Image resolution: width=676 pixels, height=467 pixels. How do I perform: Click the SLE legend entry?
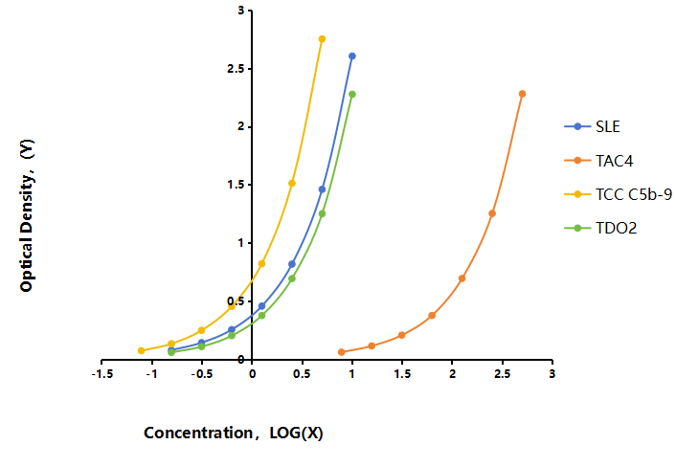point(593,126)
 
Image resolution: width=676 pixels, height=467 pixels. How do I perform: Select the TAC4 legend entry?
point(598,161)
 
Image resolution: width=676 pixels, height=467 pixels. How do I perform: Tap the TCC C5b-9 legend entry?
point(619,194)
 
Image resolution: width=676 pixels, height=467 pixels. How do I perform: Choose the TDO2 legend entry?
point(600,228)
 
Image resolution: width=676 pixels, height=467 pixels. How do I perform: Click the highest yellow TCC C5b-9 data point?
point(322,39)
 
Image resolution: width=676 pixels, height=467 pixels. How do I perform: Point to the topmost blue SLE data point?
point(352,56)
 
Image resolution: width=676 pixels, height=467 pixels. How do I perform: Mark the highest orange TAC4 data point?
point(523,94)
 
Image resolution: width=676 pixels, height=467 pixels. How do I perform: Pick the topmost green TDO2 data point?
point(352,95)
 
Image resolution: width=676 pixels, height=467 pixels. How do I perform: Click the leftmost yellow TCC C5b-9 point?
point(142,350)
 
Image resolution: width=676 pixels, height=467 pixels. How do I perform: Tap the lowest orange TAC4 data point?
point(342,352)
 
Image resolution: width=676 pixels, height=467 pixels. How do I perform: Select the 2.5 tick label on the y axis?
point(236,69)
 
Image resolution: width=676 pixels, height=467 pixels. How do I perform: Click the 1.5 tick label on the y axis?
point(236,185)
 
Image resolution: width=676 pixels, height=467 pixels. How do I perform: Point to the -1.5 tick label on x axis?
point(102,374)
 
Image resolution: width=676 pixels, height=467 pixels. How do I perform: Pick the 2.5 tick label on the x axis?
point(503,374)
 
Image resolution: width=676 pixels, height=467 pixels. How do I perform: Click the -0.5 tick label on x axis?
point(202,374)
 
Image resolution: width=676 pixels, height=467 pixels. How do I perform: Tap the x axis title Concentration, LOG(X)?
point(234,433)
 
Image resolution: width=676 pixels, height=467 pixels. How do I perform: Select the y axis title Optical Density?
point(27,215)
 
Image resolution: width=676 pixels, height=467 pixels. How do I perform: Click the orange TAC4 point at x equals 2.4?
point(492,213)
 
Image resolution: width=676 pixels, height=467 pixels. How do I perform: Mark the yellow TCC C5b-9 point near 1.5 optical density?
point(292,184)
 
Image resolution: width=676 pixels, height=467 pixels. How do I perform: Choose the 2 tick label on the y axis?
point(240,126)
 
